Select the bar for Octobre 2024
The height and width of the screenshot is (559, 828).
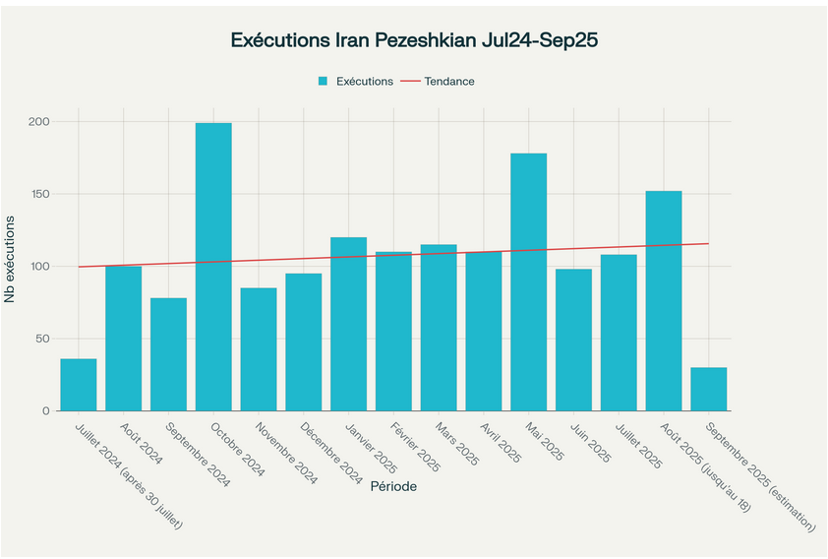pos(213,267)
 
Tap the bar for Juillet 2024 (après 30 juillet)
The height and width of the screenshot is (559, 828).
pos(79,385)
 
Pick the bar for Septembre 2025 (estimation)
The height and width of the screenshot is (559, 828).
pos(708,389)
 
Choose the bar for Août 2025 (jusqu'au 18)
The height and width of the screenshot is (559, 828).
pos(663,300)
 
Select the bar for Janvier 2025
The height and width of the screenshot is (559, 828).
pos(348,324)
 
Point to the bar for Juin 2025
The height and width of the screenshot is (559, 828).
pos(573,340)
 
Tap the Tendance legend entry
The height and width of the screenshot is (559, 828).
pos(449,82)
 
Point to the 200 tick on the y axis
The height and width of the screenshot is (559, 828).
pos(38,122)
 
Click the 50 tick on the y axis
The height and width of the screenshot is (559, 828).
pos(41,339)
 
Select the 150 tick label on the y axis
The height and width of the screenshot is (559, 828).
pos(38,194)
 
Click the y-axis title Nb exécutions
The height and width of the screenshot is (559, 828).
pos(12,266)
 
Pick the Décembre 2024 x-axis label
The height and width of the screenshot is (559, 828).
pos(331,454)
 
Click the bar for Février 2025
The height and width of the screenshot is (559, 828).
pos(393,331)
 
